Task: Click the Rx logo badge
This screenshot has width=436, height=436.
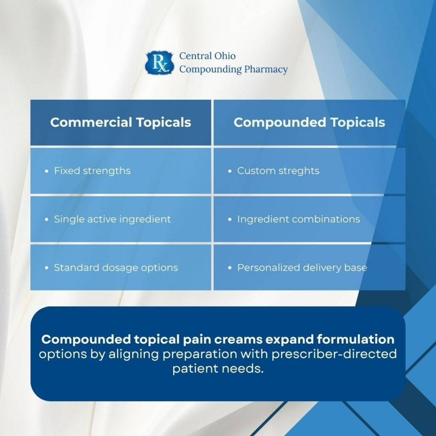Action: pos(160,63)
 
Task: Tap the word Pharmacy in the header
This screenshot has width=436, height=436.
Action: pos(266,69)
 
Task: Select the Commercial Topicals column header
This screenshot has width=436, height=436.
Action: pos(120,123)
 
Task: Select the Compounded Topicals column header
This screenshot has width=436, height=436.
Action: pos(309,123)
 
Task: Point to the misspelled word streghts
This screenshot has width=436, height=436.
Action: pos(298,171)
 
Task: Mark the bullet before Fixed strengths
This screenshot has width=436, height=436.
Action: pos(47,171)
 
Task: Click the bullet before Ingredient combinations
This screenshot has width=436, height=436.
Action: pos(230,220)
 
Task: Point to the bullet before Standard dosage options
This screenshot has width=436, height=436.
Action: pos(47,268)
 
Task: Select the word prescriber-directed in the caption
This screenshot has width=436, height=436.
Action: pos(340,354)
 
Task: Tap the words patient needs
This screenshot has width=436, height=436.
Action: pos(218,368)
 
